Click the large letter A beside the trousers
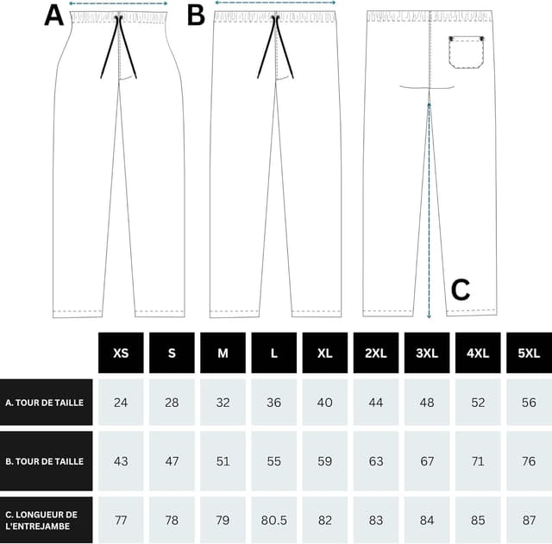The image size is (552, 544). pyautogui.click(x=53, y=16)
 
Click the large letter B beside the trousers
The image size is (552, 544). pyautogui.click(x=196, y=16)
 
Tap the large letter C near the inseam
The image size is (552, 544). pyautogui.click(x=461, y=290)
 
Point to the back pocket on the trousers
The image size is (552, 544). pyautogui.click(x=466, y=52)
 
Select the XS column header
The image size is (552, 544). pyautogui.click(x=121, y=353)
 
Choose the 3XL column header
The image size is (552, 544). pyautogui.click(x=427, y=353)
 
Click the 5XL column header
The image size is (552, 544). pyautogui.click(x=529, y=353)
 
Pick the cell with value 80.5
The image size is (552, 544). pyautogui.click(x=274, y=520)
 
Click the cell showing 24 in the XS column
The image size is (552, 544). pyautogui.click(x=121, y=403)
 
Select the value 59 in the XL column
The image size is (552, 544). pyautogui.click(x=325, y=461)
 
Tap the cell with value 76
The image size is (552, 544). pyautogui.click(x=529, y=461)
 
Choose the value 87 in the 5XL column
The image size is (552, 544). pyautogui.click(x=529, y=520)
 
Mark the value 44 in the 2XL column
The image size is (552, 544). pyautogui.click(x=376, y=403)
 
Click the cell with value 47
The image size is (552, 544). pyautogui.click(x=172, y=461)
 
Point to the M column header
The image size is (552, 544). pyautogui.click(x=223, y=353)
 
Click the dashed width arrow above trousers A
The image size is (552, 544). pyautogui.click(x=118, y=3)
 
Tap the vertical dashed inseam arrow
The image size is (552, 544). pyautogui.click(x=429, y=210)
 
